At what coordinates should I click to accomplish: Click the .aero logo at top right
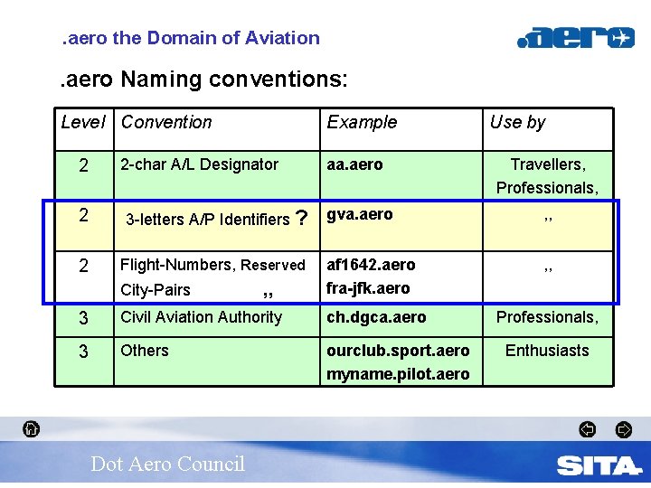tap(575, 38)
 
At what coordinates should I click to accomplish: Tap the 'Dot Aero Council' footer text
tap(167, 464)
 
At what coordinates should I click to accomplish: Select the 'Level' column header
tap(83, 122)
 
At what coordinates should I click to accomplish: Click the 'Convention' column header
tap(166, 122)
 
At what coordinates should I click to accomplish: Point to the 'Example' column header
tap(362, 122)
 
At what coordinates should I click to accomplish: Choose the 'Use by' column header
tap(517, 122)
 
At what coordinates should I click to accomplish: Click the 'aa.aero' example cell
tap(354, 164)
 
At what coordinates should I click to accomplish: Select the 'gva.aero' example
tap(360, 214)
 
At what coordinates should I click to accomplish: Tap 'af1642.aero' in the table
tap(371, 265)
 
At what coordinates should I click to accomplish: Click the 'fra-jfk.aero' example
tap(368, 288)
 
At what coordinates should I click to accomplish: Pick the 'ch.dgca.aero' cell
tap(376, 317)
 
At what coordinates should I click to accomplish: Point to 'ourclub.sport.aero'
tap(398, 351)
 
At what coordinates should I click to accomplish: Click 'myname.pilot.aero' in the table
tap(398, 374)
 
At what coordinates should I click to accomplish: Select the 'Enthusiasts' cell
tap(547, 351)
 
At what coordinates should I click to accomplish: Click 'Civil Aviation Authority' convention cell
tap(201, 317)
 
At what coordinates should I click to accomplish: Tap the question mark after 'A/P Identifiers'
tap(302, 218)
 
